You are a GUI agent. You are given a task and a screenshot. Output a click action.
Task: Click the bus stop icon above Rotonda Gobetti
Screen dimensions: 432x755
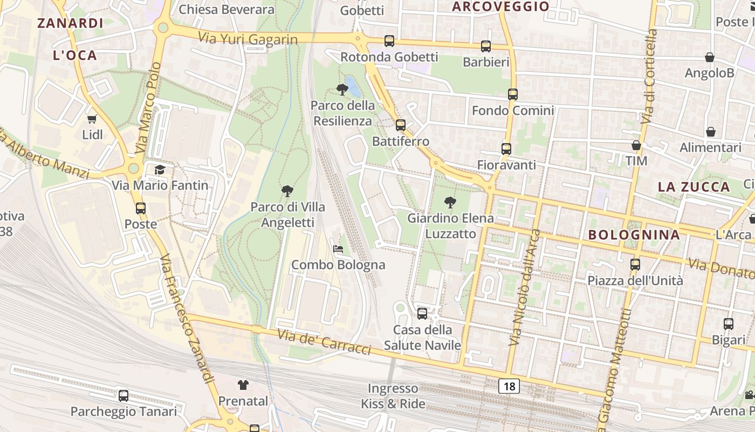389,41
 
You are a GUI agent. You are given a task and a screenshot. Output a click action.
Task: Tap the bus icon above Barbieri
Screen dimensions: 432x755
486,46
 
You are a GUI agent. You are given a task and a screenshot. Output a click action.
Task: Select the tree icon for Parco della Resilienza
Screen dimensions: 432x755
342,89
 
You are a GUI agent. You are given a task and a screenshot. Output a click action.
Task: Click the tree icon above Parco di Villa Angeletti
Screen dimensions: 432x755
287,191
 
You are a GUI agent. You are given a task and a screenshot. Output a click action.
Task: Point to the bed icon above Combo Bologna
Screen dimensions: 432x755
338,249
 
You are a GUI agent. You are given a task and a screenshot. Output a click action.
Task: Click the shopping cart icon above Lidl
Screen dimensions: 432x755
92,119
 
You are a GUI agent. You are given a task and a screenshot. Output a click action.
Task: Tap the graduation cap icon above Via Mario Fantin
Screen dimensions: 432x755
160,170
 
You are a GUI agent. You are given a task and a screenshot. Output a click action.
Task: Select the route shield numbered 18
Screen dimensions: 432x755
509,386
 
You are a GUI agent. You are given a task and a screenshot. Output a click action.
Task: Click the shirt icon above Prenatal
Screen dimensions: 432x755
243,385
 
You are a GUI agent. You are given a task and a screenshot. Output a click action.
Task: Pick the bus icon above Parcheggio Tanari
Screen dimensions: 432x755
123,396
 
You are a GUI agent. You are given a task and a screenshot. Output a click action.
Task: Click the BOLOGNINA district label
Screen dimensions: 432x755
634,235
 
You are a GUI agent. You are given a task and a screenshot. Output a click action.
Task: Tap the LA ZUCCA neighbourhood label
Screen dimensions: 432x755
694,187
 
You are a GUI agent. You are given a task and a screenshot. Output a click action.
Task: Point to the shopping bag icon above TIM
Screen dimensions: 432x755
636,145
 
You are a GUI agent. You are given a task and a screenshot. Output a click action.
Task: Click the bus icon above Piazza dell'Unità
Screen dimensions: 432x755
635,265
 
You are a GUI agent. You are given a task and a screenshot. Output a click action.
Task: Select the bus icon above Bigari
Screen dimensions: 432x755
729,324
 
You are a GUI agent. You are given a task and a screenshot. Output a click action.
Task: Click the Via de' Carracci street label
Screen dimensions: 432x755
324,342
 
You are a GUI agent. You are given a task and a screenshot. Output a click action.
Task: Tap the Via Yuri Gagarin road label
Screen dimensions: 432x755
248,39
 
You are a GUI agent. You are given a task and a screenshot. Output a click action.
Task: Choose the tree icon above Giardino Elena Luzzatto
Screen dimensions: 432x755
450,202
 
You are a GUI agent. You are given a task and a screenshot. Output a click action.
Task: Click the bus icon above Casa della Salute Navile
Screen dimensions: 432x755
422,313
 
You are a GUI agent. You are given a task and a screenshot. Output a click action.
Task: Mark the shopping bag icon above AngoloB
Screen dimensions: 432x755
710,57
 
